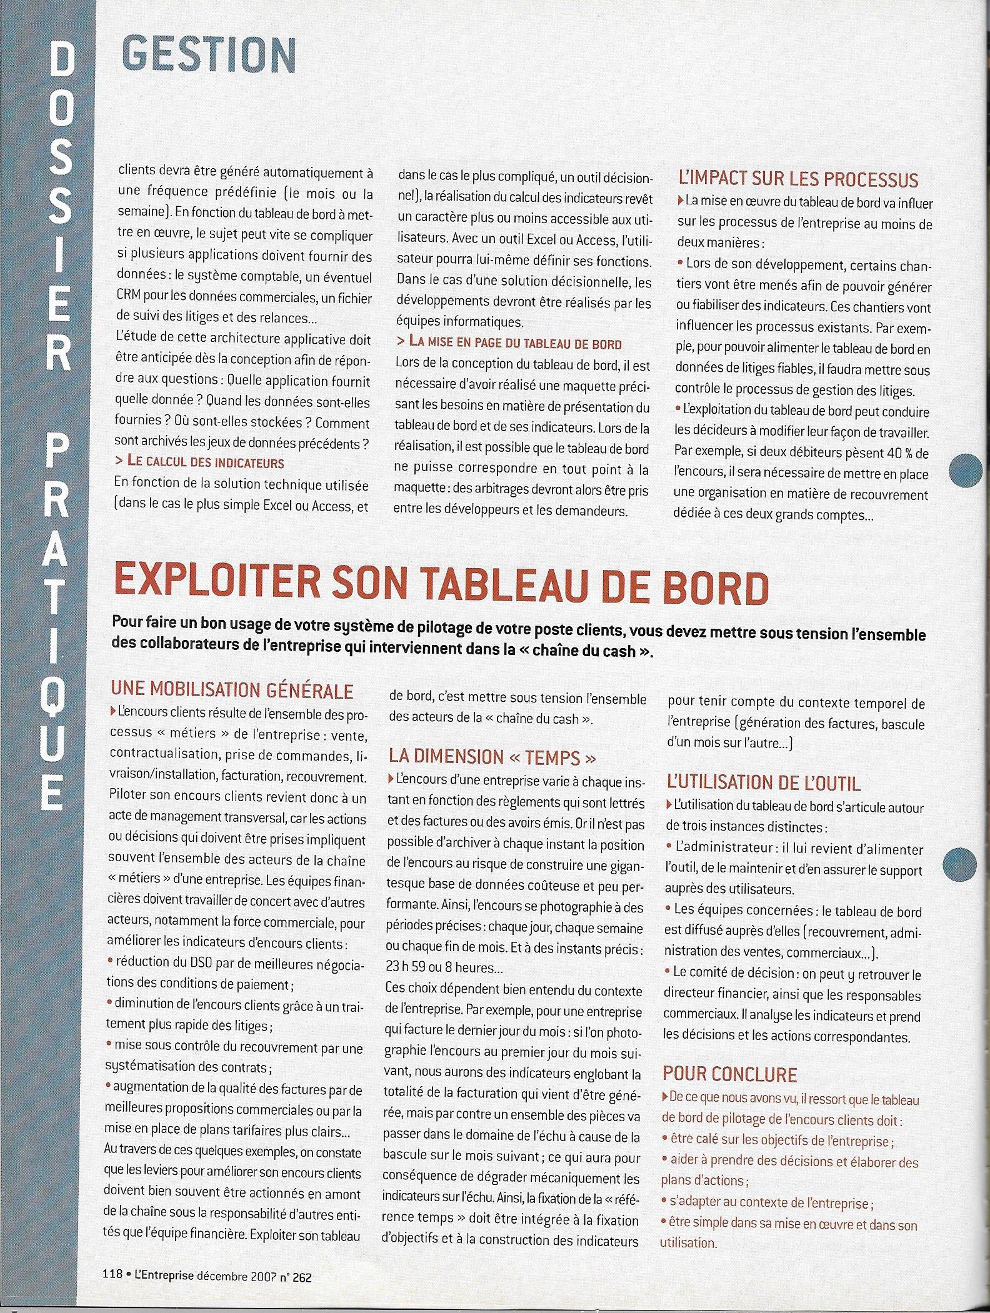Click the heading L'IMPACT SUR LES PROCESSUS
(798, 180)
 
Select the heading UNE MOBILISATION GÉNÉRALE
(232, 691)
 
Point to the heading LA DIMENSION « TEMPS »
(492, 757)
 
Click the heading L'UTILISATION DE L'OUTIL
(764, 782)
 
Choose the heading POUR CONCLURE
(729, 1075)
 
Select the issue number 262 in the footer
(301, 1278)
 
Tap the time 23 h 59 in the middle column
(407, 967)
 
